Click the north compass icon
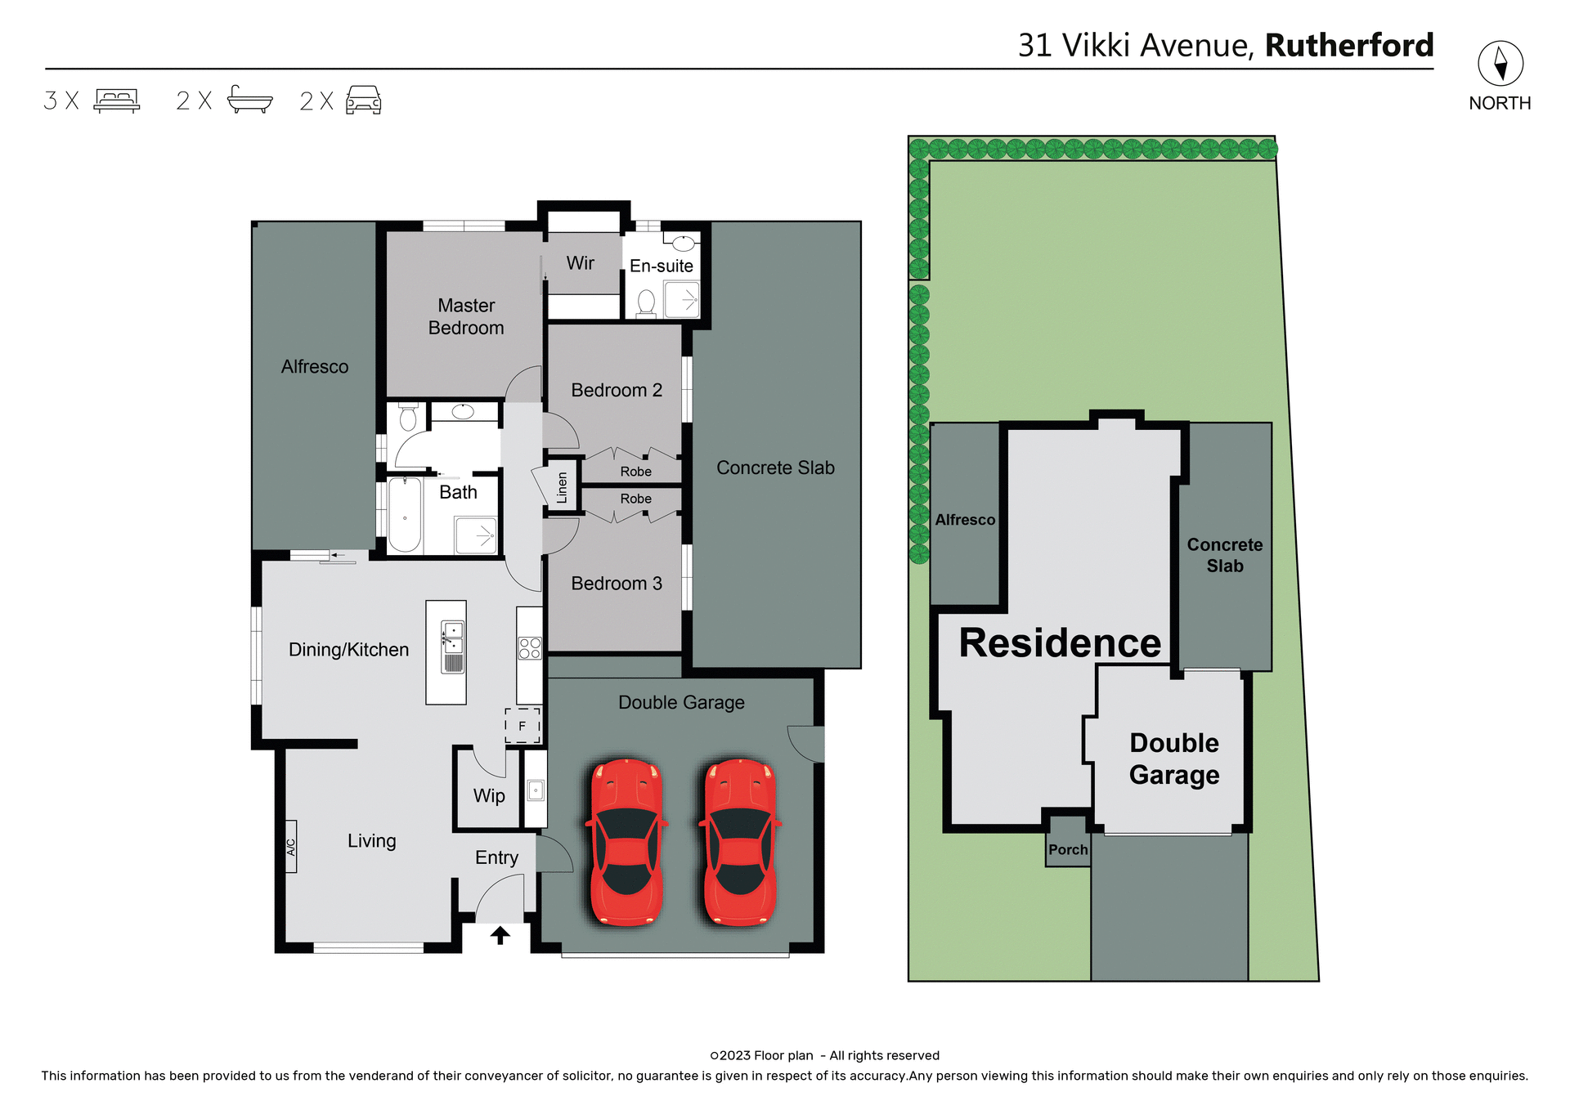coord(1500,63)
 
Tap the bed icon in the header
coord(117,101)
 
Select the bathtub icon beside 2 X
coord(249,100)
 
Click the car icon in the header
coord(363,100)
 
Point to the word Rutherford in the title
coord(1349,46)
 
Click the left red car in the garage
coord(626,841)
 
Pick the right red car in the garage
coord(740,841)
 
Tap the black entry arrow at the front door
coord(500,934)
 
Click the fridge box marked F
coord(523,725)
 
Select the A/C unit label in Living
coord(291,846)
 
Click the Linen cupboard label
coord(563,487)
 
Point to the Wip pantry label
coord(489,796)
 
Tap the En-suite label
coord(661,266)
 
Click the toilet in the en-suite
coord(646,302)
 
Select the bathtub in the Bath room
coord(405,516)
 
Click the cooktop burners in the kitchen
coord(530,648)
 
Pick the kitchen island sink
coord(452,638)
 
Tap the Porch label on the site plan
coord(1068,850)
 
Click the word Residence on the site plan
coord(1060,643)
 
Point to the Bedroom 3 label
coord(617,584)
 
